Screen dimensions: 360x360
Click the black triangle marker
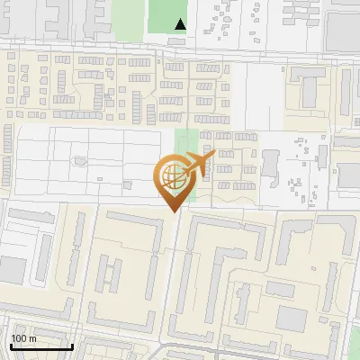click(180, 24)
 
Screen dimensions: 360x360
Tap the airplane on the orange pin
click(201, 163)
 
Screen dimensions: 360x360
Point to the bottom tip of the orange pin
click(171, 211)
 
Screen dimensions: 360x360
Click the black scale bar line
click(41, 346)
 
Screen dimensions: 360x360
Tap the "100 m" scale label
click(24, 338)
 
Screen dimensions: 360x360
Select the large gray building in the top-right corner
click(342, 27)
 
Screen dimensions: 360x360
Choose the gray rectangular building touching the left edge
click(11, 268)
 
